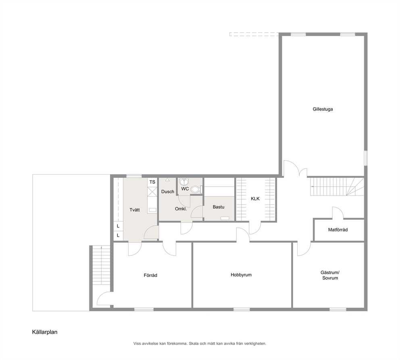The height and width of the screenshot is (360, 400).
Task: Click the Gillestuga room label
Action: pyautogui.click(x=323, y=109)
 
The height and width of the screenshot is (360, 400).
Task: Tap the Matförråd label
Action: pyautogui.click(x=338, y=230)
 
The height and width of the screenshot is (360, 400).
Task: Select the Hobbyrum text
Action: pyautogui.click(x=241, y=275)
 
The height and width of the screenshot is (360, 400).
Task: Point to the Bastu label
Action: pyautogui.click(x=219, y=207)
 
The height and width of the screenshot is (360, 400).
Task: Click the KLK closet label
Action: pyautogui.click(x=255, y=199)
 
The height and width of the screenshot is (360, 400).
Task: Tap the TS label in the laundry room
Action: pyautogui.click(x=152, y=182)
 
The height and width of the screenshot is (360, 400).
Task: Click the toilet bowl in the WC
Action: pyautogui.click(x=196, y=189)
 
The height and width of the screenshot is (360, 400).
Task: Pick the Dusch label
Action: pyautogui.click(x=168, y=192)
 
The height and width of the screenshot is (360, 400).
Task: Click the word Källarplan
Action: pyautogui.click(x=45, y=332)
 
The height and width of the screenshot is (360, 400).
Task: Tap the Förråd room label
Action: pyautogui.click(x=150, y=275)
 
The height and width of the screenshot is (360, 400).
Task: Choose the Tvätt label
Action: pyautogui.click(x=135, y=210)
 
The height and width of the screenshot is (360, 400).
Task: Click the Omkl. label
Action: pyautogui.click(x=181, y=209)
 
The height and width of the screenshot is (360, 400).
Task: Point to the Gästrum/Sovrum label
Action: pyautogui.click(x=330, y=275)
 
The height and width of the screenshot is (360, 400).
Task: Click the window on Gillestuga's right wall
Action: pyautogui.click(x=366, y=158)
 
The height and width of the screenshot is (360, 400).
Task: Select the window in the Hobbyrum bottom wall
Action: pyautogui.click(x=242, y=310)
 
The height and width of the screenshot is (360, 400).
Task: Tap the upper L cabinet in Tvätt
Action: pyautogui.click(x=118, y=226)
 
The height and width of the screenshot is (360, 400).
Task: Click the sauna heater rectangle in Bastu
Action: pyautogui.click(x=225, y=218)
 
